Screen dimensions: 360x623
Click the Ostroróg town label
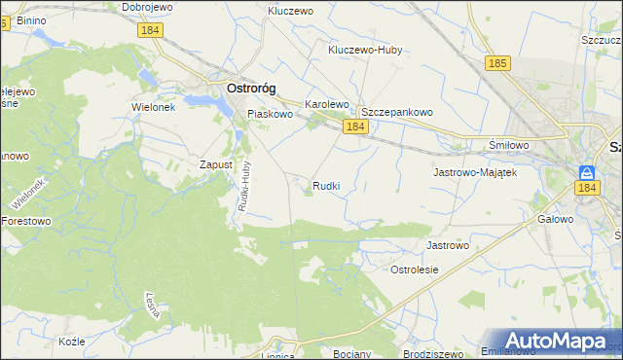click(250, 88)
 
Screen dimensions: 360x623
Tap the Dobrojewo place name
click(147, 7)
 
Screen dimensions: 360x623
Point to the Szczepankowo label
click(397, 112)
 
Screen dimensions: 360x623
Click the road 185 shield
click(496, 63)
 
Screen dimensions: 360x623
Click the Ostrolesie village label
click(415, 269)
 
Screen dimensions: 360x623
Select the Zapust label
click(215, 164)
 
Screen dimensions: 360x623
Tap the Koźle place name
click(72, 342)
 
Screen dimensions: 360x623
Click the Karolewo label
click(327, 103)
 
